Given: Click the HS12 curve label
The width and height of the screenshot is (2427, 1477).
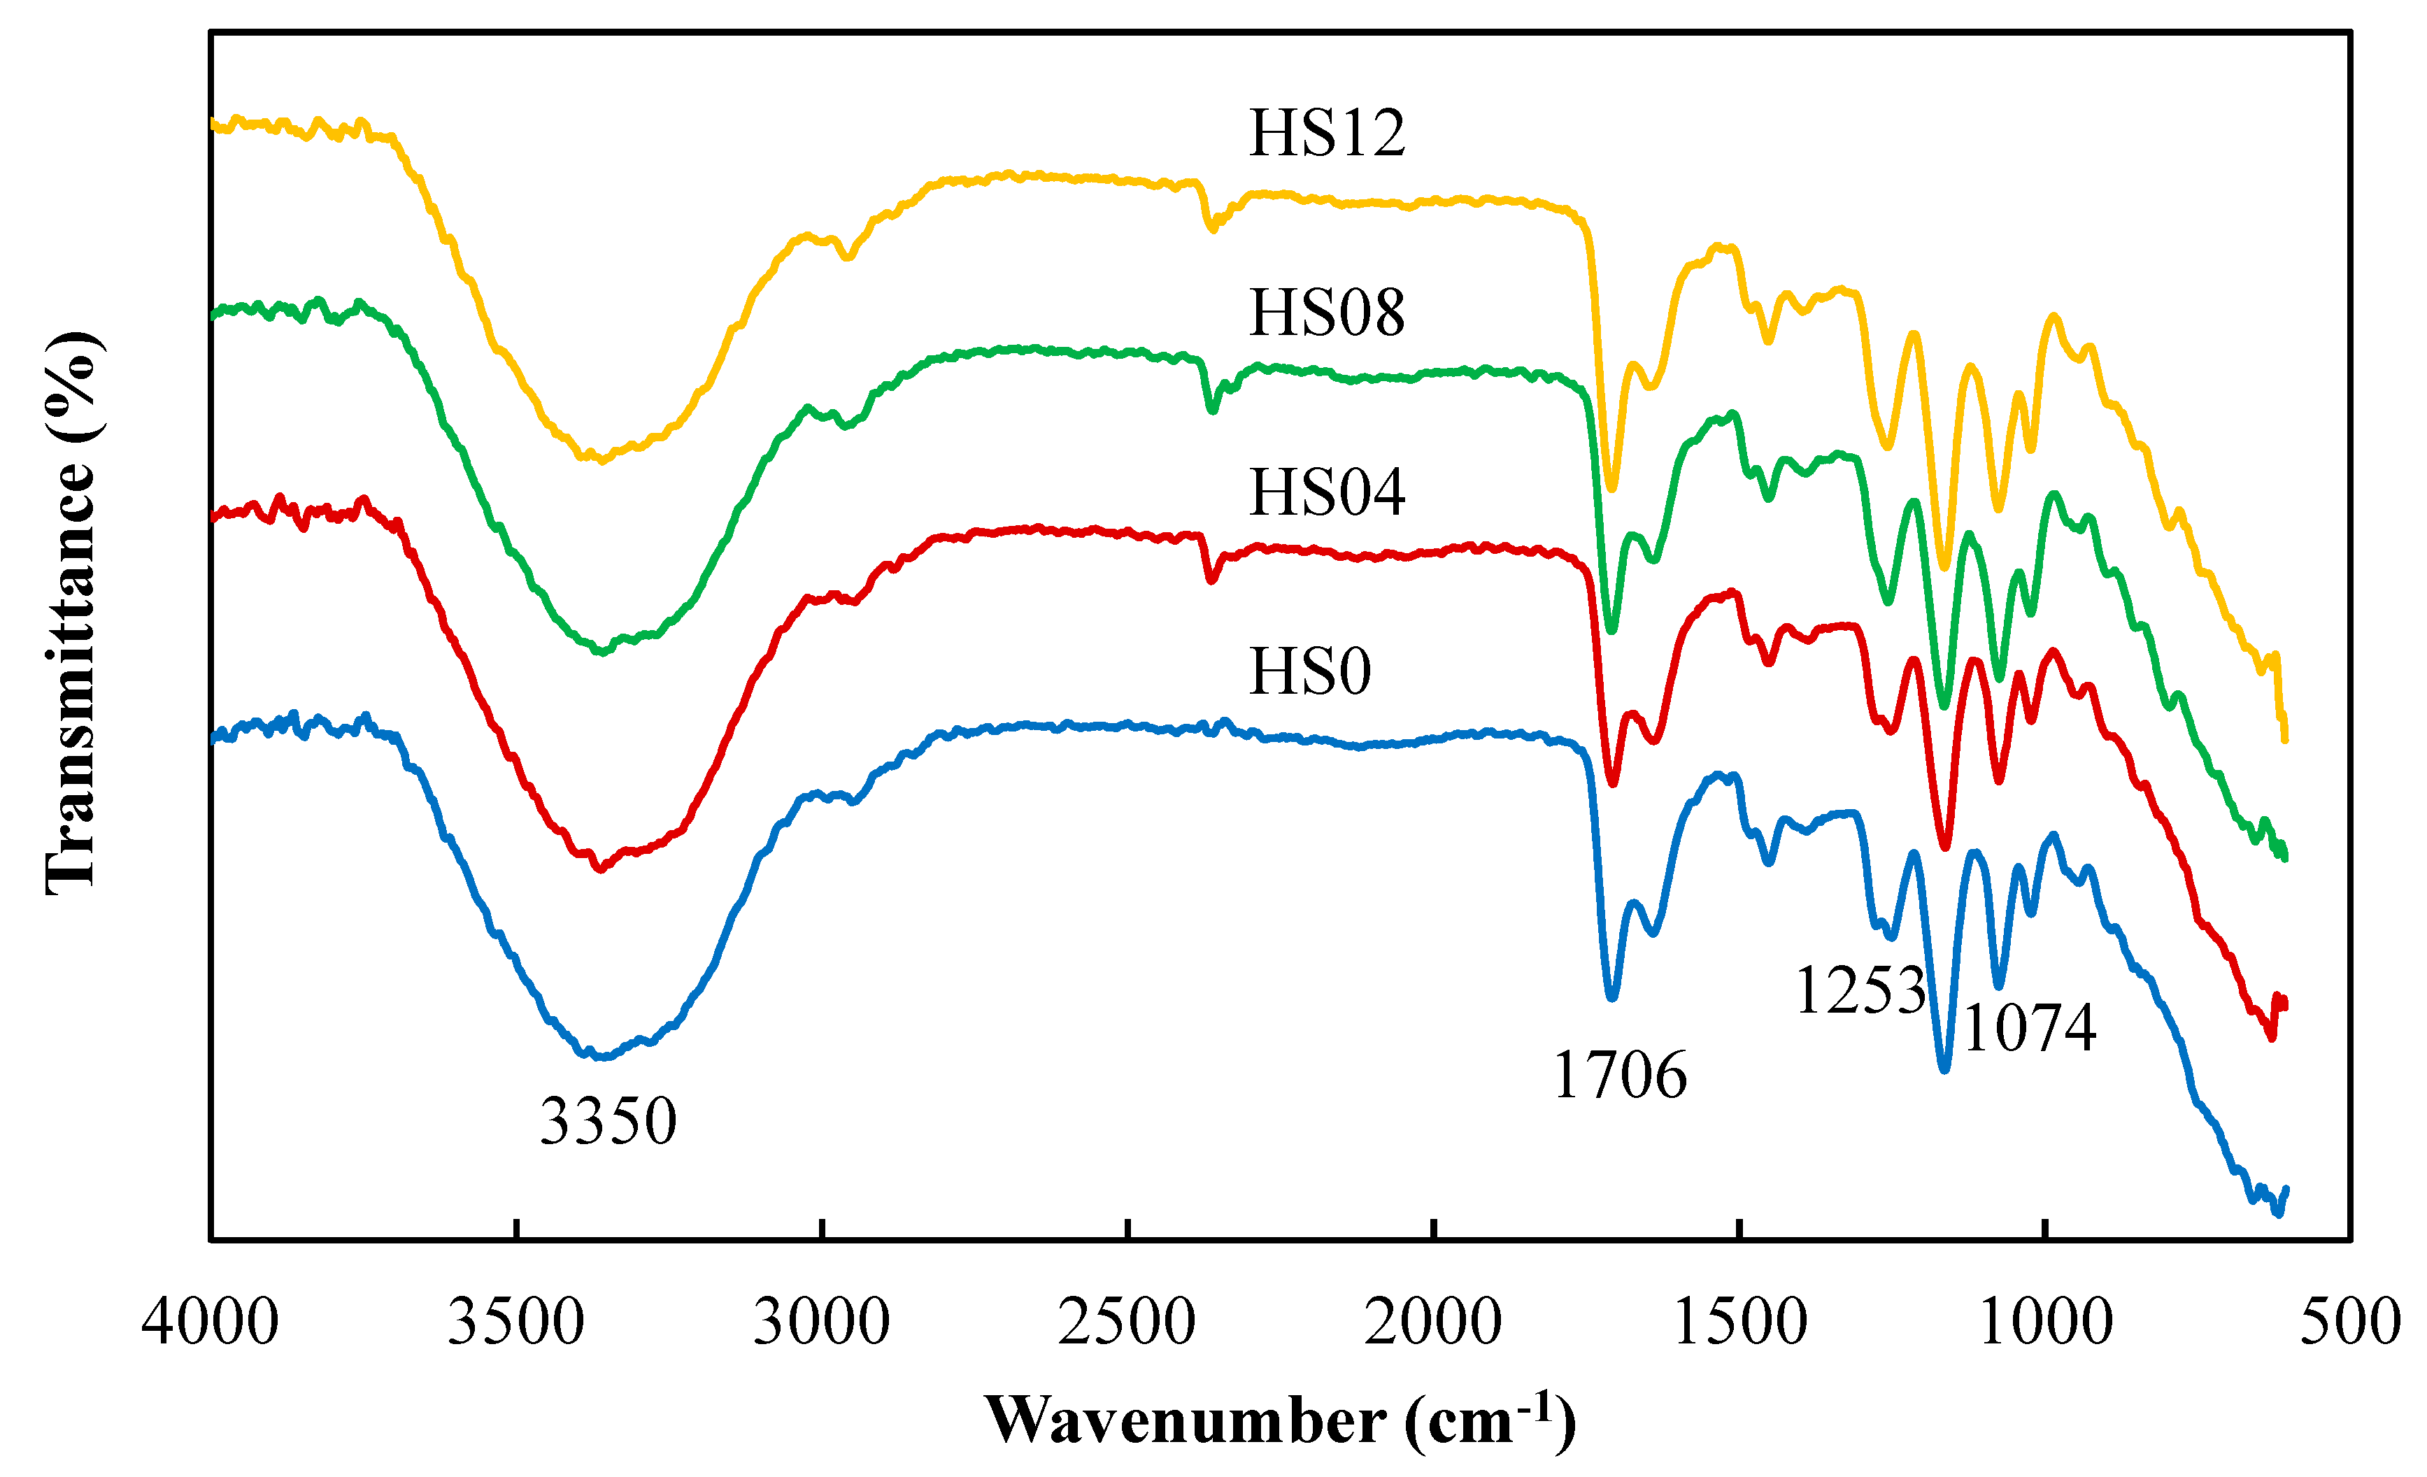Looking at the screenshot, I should click(x=1326, y=133).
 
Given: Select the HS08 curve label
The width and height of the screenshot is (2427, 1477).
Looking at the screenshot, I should click(x=1326, y=313).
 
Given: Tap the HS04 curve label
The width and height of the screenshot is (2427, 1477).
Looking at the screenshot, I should click(x=1326, y=492).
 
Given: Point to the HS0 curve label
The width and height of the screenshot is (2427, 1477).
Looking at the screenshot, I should click(x=1309, y=673).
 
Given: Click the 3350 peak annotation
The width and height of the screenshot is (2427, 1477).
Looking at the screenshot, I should click(x=608, y=1122).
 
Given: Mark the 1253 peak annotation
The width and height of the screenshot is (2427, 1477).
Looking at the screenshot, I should click(x=1860, y=990).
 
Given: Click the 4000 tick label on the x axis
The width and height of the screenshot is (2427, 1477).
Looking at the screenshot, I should click(x=210, y=1322).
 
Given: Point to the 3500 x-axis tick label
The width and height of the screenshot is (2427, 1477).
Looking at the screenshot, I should click(x=516, y=1322).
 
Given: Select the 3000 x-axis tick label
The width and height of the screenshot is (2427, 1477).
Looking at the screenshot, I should click(x=822, y=1322).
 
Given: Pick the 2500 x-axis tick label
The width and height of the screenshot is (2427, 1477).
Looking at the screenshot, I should click(x=1127, y=1322).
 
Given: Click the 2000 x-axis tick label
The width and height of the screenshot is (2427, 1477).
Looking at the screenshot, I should click(x=1433, y=1322).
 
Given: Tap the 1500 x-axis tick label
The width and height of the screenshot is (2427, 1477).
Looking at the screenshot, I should click(x=1739, y=1322).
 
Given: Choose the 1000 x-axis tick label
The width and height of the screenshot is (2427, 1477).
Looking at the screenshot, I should click(x=2046, y=1322).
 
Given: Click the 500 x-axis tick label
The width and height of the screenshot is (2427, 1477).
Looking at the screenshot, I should click(x=2350, y=1322).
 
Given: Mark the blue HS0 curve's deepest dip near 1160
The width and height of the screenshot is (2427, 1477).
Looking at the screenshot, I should click(x=1944, y=1069).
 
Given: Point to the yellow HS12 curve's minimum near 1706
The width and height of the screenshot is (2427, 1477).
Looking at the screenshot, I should click(x=1611, y=487).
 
